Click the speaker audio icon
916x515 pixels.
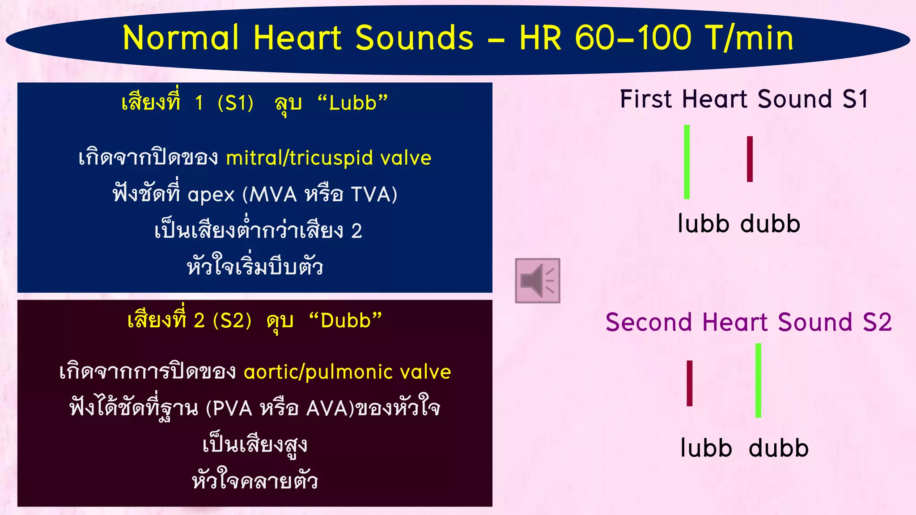[537, 280]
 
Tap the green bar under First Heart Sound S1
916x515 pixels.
[687, 162]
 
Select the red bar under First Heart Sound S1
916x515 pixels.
[750, 159]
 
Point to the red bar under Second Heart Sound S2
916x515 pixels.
[690, 383]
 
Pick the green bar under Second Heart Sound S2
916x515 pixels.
[758, 380]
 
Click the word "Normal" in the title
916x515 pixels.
[181, 38]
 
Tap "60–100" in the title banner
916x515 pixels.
[633, 38]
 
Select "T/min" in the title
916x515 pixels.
[749, 38]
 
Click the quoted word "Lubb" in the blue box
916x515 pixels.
[352, 103]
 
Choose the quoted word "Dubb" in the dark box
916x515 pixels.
[346, 321]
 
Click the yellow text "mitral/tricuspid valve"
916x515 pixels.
[329, 158]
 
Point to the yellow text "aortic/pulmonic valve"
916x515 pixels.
[347, 372]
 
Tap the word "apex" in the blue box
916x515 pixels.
[211, 195]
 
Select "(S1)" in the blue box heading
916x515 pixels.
[236, 103]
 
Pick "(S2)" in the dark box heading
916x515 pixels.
[232, 321]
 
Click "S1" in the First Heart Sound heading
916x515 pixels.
[855, 99]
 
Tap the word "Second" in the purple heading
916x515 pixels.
[649, 322]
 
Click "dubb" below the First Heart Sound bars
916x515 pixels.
[770, 224]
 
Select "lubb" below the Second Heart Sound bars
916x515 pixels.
[706, 448]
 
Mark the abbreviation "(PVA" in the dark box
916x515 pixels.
[229, 409]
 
